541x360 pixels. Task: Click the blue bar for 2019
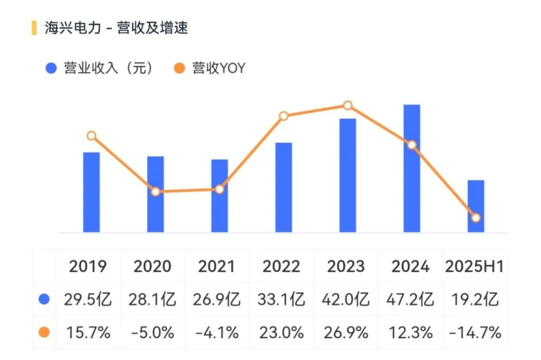[x=91, y=192]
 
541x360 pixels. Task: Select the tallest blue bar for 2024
[x=412, y=168]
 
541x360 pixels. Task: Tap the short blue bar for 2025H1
[x=476, y=206]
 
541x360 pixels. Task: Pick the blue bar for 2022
[x=284, y=187]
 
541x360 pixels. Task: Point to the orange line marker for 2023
[x=348, y=106]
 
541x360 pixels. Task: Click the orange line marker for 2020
[x=155, y=191]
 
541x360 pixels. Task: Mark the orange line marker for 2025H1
[x=476, y=217]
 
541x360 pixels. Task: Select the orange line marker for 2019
[x=91, y=136]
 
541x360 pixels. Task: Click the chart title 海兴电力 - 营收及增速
[x=116, y=28]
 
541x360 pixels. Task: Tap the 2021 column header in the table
[x=216, y=266]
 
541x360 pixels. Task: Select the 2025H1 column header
[x=474, y=266]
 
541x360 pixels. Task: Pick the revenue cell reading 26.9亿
[x=216, y=299]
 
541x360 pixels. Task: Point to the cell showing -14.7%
[x=474, y=332]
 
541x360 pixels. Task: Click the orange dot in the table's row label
[x=44, y=332]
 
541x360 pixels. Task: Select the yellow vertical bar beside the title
[x=34, y=28]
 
